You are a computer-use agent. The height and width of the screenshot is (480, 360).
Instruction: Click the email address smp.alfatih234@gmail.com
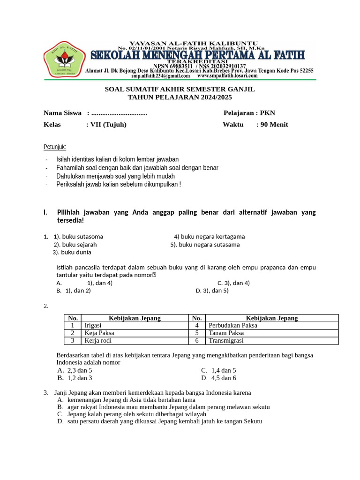click(160, 75)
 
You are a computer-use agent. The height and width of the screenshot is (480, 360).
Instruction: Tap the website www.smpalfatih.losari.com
click(227, 75)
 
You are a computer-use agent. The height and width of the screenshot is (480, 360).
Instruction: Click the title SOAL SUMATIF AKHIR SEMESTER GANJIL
click(180, 89)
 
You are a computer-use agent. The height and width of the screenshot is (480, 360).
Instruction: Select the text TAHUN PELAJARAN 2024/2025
click(180, 97)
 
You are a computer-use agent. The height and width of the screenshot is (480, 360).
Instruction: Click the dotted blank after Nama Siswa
click(119, 113)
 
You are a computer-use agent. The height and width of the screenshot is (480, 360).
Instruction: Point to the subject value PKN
click(268, 113)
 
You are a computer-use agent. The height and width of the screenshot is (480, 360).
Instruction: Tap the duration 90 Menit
click(275, 124)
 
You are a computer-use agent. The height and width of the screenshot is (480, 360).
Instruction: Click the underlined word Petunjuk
click(55, 147)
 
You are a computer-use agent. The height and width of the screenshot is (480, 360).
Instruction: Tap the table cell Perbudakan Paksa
click(233, 325)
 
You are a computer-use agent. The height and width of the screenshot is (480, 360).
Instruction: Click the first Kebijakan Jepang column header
click(135, 318)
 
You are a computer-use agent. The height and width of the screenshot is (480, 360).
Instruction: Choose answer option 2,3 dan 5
click(80, 370)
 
